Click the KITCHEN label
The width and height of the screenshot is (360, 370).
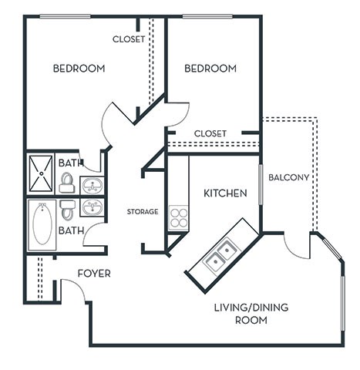pos(225,193)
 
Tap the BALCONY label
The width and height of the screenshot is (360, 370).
pos(288,177)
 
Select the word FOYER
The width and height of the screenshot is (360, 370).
pos(93,274)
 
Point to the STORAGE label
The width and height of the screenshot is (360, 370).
pos(143,211)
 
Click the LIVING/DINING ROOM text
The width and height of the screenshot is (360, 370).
pos(251,313)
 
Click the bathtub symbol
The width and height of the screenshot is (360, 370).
pos(42,224)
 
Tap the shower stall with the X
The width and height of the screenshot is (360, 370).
pos(41,174)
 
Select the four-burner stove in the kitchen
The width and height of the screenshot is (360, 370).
pos(178,217)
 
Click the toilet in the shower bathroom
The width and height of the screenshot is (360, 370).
pos(67,183)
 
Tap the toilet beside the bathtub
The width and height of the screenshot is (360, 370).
pos(68,210)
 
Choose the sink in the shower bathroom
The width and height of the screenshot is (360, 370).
pos(92,186)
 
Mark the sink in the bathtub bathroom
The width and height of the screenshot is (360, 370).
pos(92,207)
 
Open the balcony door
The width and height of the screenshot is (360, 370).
pos(296,245)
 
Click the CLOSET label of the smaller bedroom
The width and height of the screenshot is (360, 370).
pos(210,133)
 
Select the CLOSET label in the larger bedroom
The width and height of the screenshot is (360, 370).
pos(129,39)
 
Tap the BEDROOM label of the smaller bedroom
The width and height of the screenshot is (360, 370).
pos(210,69)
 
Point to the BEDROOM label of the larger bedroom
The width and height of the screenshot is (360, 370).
pos(79,69)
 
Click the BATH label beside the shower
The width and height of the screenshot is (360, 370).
pos(70,163)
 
